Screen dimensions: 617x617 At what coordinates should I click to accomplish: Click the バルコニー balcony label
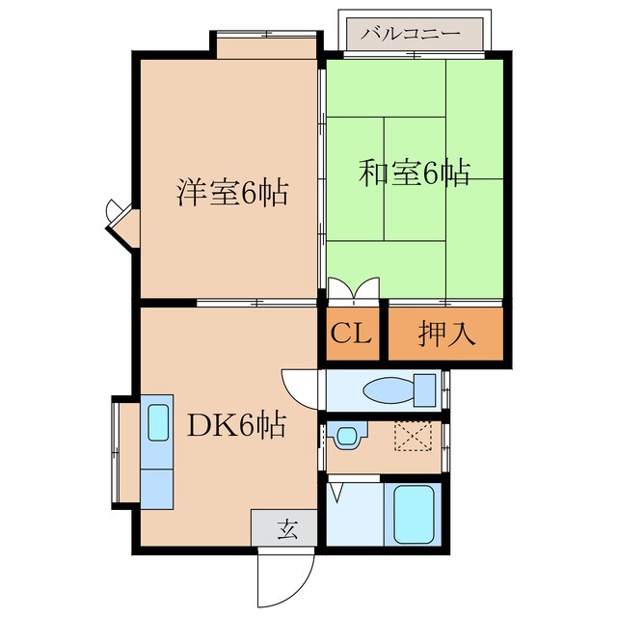coord(414,32)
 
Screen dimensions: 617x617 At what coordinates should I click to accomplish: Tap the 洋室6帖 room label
coord(231,193)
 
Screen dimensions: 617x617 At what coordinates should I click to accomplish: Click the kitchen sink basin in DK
coord(156,421)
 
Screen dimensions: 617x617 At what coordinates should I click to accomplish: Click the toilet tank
coord(424,390)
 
